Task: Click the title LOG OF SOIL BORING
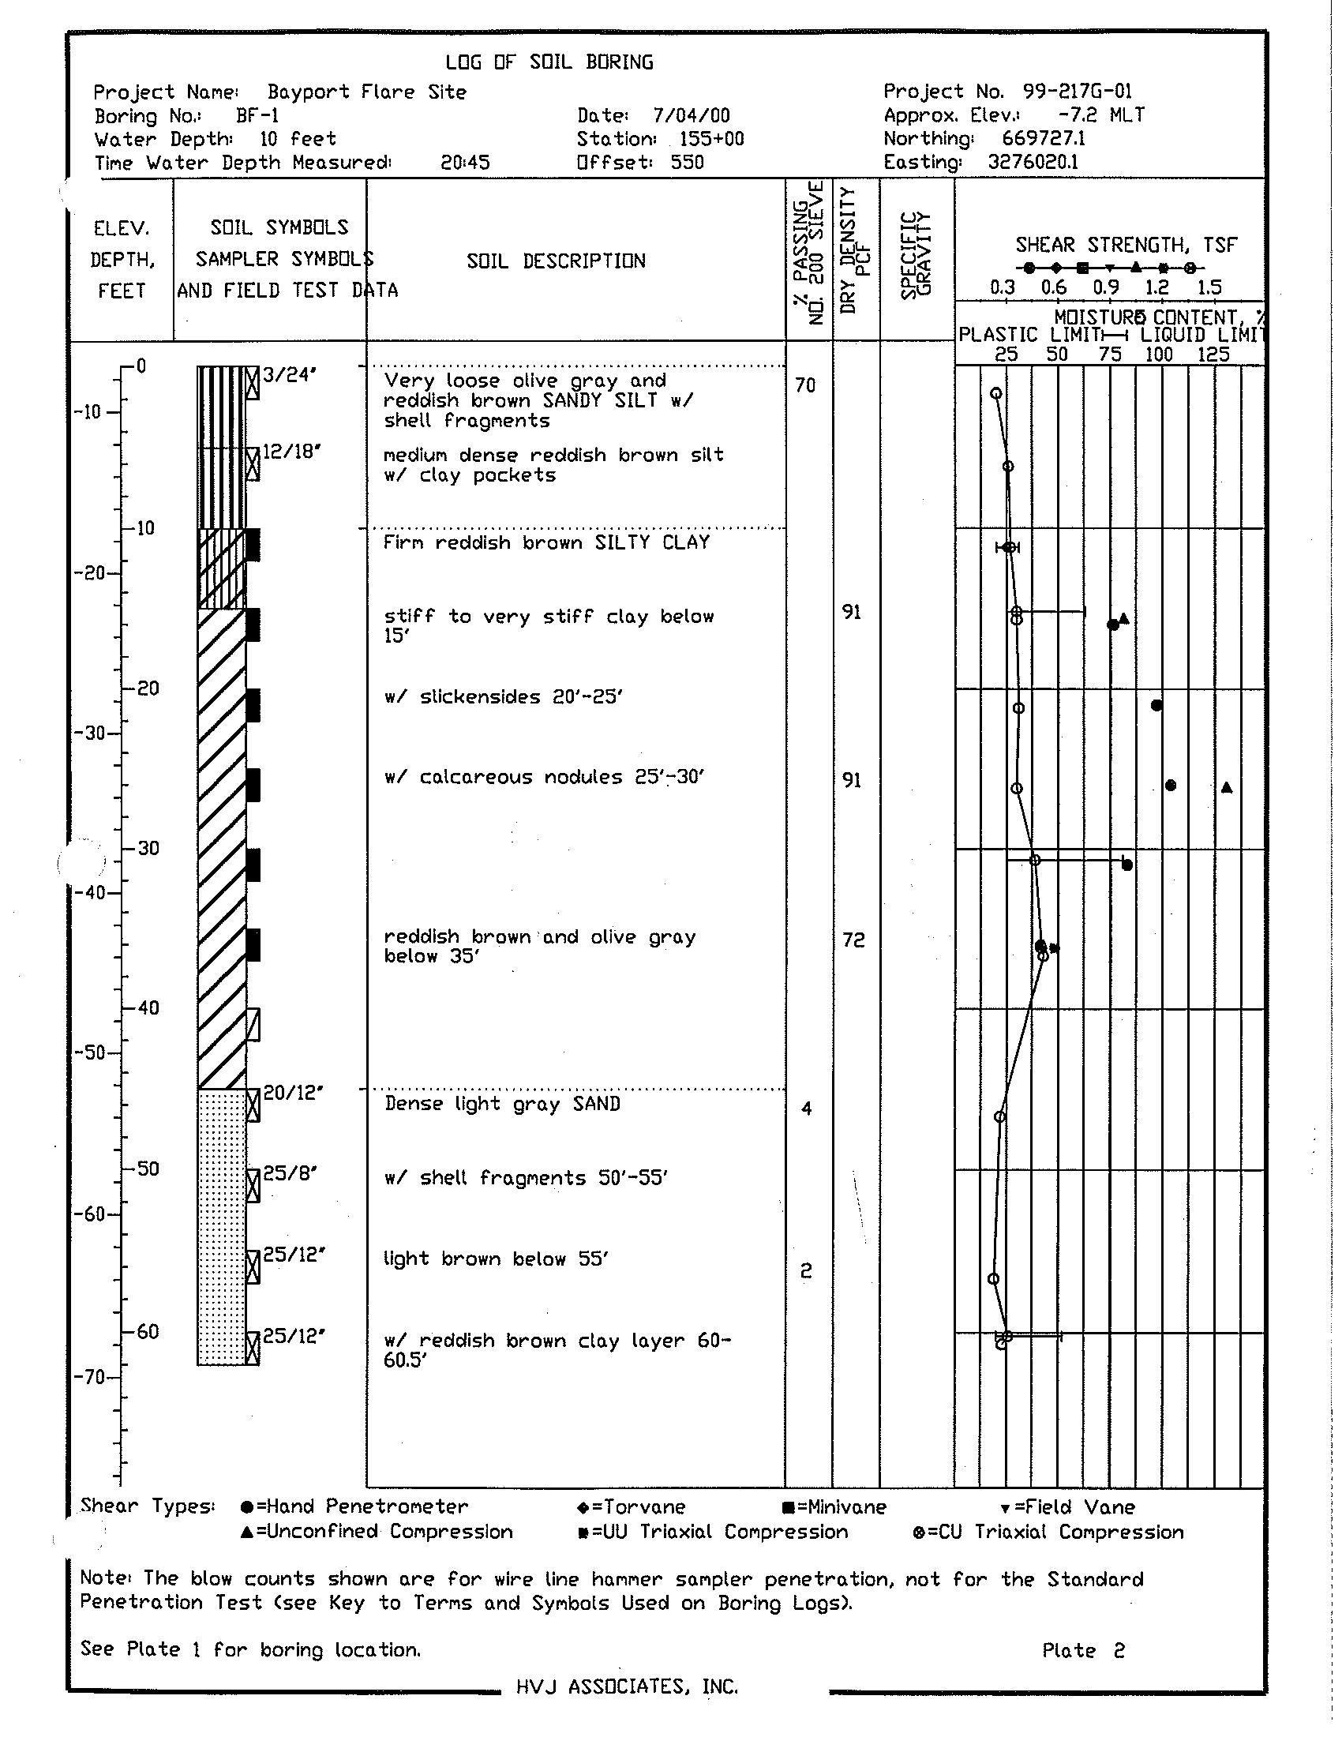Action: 549,62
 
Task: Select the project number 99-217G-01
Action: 1078,92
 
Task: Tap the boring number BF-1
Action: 257,116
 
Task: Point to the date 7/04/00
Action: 691,116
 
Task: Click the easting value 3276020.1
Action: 1033,162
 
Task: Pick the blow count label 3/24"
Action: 291,374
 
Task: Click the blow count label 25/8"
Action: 291,1173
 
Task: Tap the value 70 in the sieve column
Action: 805,386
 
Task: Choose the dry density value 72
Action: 853,940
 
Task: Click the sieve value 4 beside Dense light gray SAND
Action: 807,1109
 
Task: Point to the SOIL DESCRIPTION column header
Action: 556,261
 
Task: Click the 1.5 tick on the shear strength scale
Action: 1209,288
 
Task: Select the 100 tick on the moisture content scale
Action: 1159,355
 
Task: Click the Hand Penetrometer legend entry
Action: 354,1507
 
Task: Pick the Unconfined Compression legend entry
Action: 376,1532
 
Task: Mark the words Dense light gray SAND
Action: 502,1104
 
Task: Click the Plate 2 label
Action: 1084,1651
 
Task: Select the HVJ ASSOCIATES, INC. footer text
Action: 628,1686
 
